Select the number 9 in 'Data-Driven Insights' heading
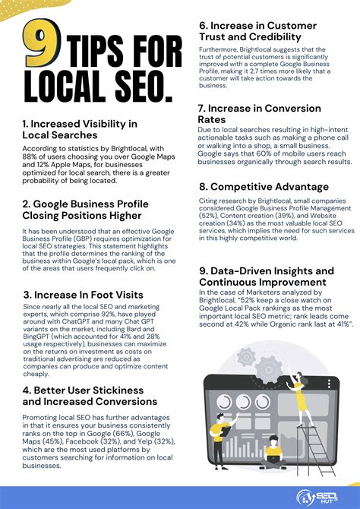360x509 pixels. coord(203,270)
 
